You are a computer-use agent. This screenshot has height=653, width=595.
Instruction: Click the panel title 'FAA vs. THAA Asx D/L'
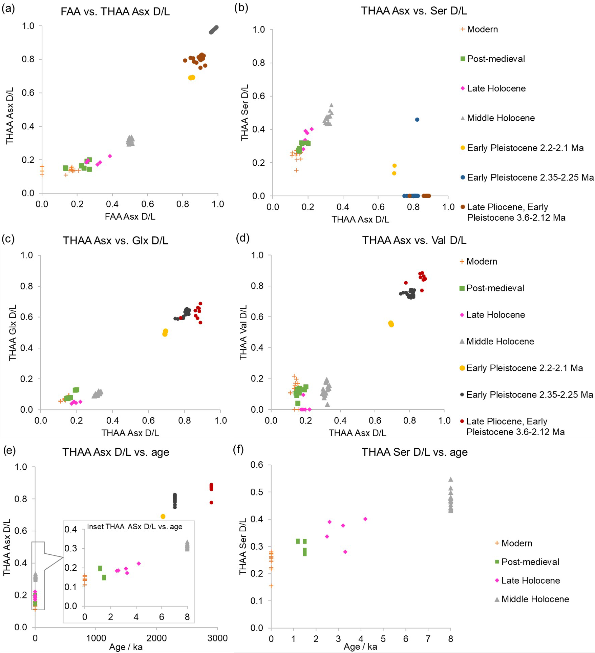pos(115,12)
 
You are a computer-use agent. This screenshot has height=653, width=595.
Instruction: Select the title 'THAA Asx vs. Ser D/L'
pos(414,11)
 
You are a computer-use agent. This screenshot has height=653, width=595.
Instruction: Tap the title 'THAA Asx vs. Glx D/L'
pos(115,241)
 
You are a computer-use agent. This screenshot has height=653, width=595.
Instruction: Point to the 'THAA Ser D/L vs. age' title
pos(415,452)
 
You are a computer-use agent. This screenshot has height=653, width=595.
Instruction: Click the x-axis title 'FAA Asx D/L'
pos(130,217)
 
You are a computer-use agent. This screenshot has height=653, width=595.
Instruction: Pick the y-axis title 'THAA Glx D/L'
pos(13,333)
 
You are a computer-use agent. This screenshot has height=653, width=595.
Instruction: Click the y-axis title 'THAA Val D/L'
pos(243,332)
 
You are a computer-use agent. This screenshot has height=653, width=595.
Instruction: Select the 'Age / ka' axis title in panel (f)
pos(360,647)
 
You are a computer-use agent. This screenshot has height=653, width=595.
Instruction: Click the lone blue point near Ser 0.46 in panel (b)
pos(417,120)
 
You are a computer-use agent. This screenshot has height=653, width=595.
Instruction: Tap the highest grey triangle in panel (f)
pos(450,479)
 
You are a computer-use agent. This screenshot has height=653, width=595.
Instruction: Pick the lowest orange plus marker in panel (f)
pos(271,586)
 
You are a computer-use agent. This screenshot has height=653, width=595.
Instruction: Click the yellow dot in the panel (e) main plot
pos(163,516)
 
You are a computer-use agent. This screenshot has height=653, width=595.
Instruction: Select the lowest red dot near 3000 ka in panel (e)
pos(211,503)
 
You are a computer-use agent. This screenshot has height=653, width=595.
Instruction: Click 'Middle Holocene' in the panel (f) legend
pos(535,599)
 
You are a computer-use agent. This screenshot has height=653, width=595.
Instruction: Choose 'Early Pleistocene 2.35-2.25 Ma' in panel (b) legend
pos(530,178)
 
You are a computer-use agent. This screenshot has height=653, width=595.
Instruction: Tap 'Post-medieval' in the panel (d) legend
pos(495,288)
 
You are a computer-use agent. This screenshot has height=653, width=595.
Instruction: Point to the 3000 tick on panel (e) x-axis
pos(217,638)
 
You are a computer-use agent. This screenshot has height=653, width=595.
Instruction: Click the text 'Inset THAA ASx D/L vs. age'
pos(134,527)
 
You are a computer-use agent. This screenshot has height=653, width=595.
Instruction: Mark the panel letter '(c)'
pos(8,239)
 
